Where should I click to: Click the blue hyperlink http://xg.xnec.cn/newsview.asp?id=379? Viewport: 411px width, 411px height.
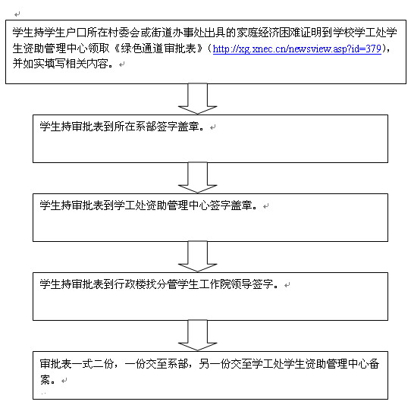(x=296, y=49)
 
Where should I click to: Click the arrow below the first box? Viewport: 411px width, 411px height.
(x=198, y=99)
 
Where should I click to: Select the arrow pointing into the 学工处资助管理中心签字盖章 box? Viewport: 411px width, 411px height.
(x=198, y=177)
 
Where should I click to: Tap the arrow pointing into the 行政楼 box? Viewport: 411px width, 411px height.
(x=198, y=256)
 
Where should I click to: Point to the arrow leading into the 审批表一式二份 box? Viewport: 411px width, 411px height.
(x=198, y=335)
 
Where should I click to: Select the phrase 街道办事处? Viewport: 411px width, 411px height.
(x=177, y=33)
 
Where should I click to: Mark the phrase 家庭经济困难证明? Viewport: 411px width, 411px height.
(x=279, y=33)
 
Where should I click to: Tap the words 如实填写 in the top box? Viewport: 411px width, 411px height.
(x=45, y=64)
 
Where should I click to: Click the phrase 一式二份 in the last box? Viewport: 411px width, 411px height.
(x=93, y=364)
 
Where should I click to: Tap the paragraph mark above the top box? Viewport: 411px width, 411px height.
(x=17, y=14)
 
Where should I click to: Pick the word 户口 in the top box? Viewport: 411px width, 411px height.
(x=77, y=33)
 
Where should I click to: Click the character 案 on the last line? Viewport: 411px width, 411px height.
(x=45, y=380)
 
